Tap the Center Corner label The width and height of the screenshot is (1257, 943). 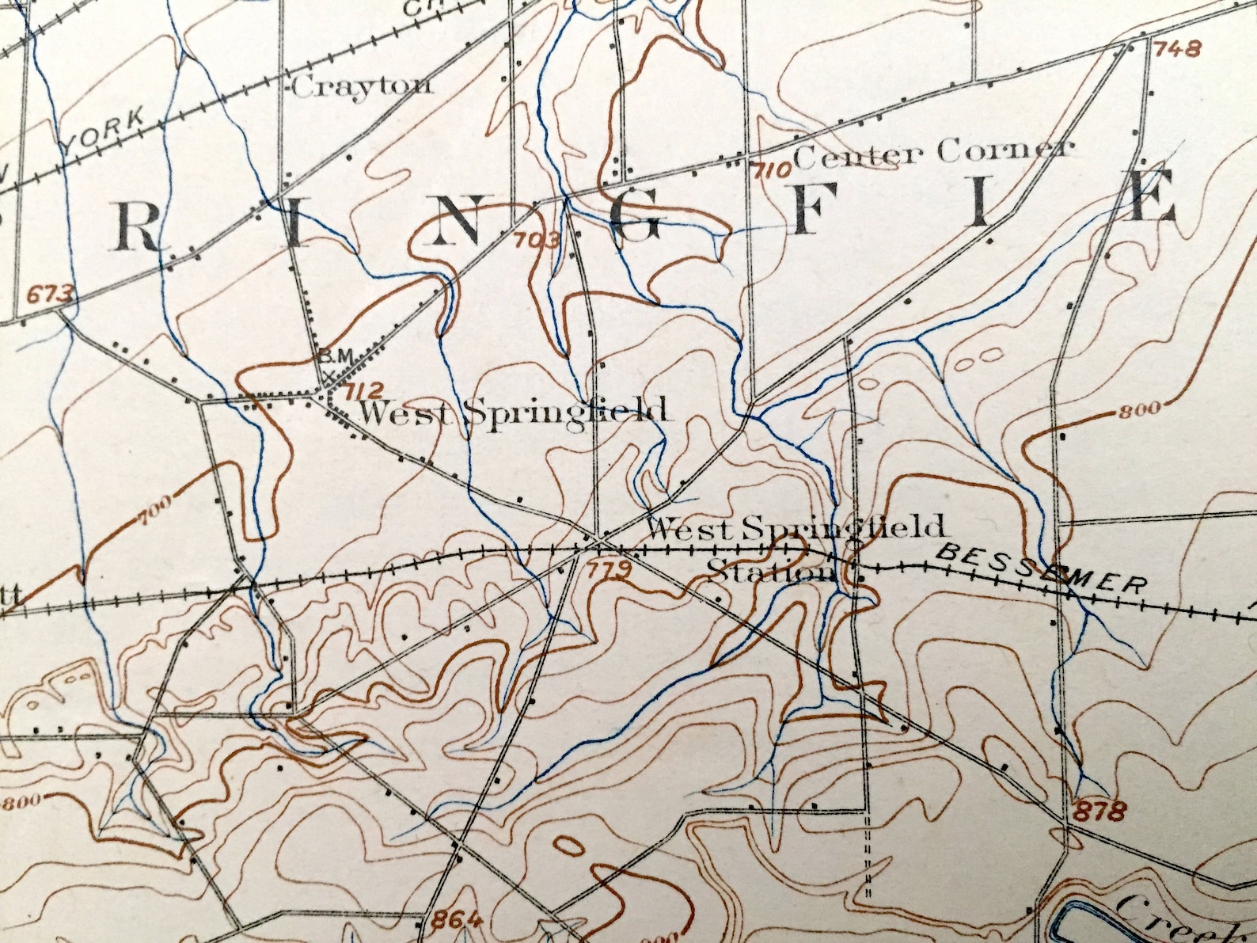click(934, 151)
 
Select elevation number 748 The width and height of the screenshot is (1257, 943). click(1179, 49)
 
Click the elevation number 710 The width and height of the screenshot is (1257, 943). click(773, 169)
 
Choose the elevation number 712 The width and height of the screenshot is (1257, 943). click(364, 390)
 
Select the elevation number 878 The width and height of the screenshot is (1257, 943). click(1101, 811)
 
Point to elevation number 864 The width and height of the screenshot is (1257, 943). click(457, 919)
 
